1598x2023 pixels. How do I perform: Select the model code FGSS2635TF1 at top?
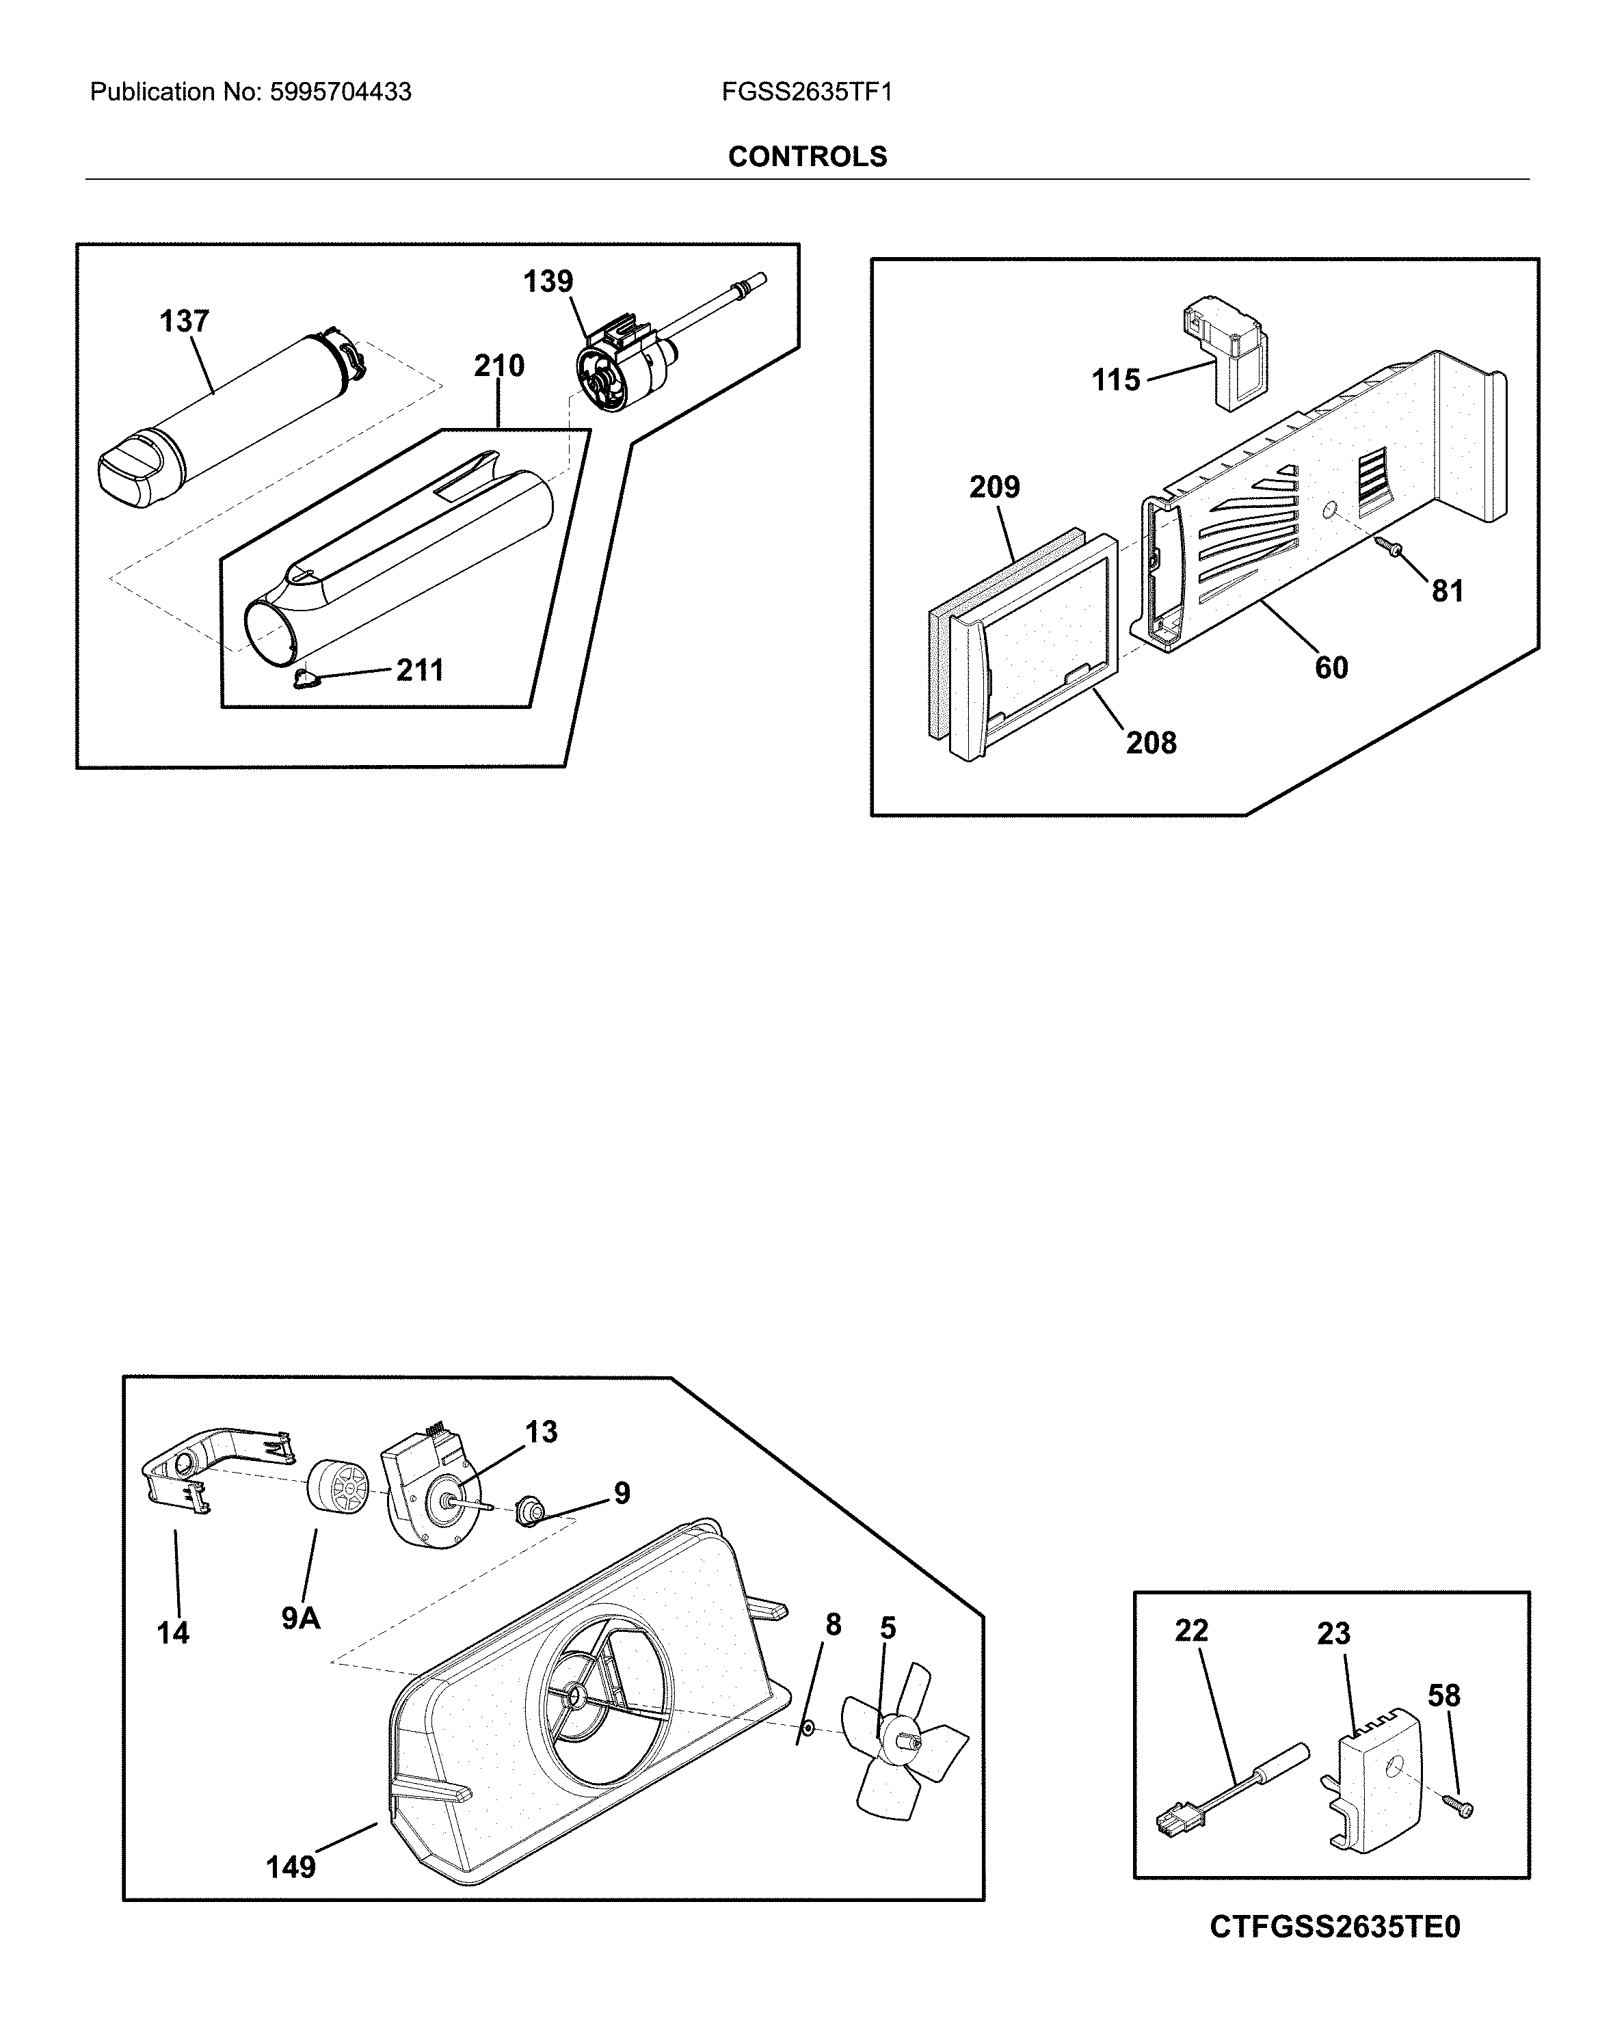806,92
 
